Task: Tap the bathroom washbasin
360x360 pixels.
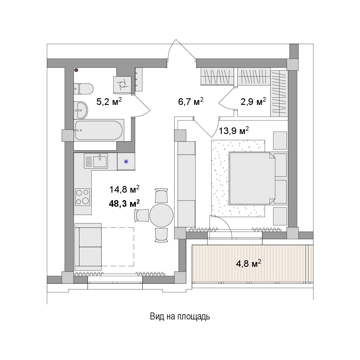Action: (x=81, y=110)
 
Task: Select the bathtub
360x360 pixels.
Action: (x=99, y=130)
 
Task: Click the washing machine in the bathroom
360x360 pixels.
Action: (x=122, y=85)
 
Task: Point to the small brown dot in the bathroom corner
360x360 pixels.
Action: (x=76, y=70)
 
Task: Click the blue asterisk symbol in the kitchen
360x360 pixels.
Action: (x=126, y=162)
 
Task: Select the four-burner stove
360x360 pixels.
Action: (x=83, y=197)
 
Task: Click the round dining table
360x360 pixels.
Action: (x=161, y=215)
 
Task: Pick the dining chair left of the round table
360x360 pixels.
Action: (x=142, y=215)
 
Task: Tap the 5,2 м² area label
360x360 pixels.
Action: (x=109, y=102)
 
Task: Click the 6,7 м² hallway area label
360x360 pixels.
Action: (x=191, y=101)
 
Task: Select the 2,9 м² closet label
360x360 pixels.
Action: (x=253, y=101)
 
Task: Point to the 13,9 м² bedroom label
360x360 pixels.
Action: (x=234, y=131)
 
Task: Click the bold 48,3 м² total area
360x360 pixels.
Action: (x=124, y=203)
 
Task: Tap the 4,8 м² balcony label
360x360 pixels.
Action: (x=249, y=264)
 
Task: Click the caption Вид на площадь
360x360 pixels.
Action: (x=180, y=316)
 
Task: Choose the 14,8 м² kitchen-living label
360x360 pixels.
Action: (x=124, y=190)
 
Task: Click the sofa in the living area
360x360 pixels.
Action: (x=88, y=247)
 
